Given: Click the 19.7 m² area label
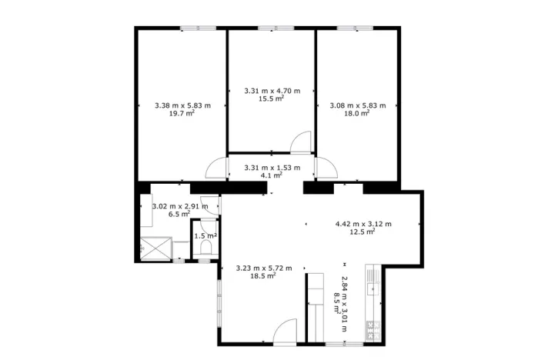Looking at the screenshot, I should coord(182,112).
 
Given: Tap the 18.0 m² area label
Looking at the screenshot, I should coord(357,112).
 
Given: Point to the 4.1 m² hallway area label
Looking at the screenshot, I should coord(271,175).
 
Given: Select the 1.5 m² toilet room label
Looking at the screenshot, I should coord(205,236).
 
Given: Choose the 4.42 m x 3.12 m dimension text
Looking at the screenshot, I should coord(363,224).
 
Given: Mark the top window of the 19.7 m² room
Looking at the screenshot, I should coord(199,28).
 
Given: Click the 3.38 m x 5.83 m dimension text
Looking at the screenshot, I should coord(182,105).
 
